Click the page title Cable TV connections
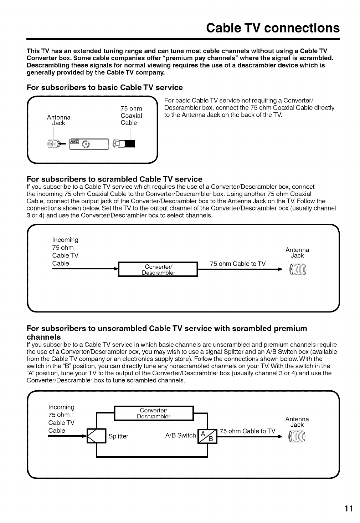tap(273, 27)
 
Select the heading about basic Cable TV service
tap(105, 87)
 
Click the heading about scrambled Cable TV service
tap(114, 179)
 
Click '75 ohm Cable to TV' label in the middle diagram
tap(238, 264)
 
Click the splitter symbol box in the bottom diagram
tap(97, 436)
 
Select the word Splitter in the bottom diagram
tap(118, 436)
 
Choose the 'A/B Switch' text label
tap(181, 435)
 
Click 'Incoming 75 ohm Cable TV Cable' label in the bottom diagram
tap(61, 419)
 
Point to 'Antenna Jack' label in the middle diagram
tap(297, 253)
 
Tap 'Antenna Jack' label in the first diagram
tap(59, 120)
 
